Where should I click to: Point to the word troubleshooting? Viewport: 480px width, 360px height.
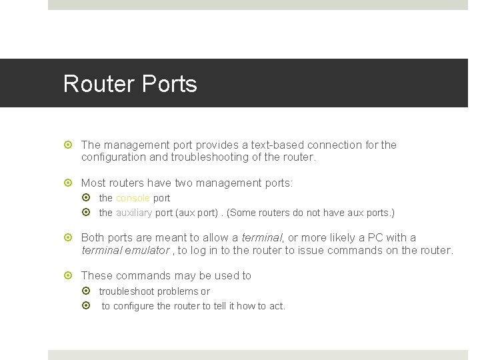pyautogui.click(x=231, y=157)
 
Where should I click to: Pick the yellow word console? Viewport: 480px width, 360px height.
pyautogui.click(x=133, y=198)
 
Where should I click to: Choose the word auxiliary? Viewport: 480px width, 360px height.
pyautogui.click(x=134, y=213)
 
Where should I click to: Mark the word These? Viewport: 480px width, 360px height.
pyautogui.click(x=97, y=275)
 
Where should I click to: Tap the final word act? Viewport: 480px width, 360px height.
pyautogui.click(x=276, y=306)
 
